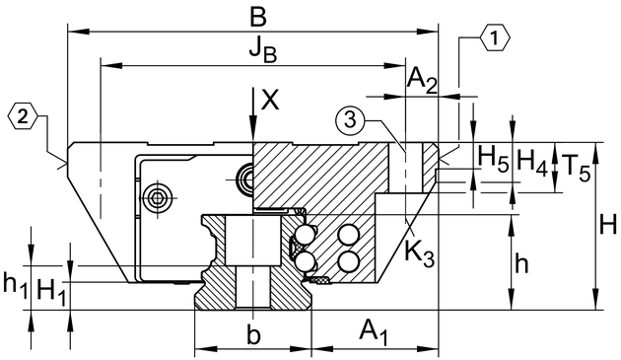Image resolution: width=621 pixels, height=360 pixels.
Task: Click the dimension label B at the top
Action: (258, 18)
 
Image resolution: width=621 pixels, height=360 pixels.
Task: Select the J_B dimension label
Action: (263, 50)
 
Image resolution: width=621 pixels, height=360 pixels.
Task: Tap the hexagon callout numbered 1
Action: (495, 38)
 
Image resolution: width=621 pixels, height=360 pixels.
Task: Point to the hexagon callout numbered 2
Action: (23, 116)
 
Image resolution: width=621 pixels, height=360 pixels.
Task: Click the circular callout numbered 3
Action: (349, 119)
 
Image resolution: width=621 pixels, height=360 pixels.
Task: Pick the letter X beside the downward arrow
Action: (270, 99)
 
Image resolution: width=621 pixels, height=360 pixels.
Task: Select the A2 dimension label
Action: (422, 80)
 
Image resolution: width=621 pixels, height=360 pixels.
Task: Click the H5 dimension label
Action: (493, 158)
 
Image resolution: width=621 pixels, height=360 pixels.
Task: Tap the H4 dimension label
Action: (532, 163)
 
